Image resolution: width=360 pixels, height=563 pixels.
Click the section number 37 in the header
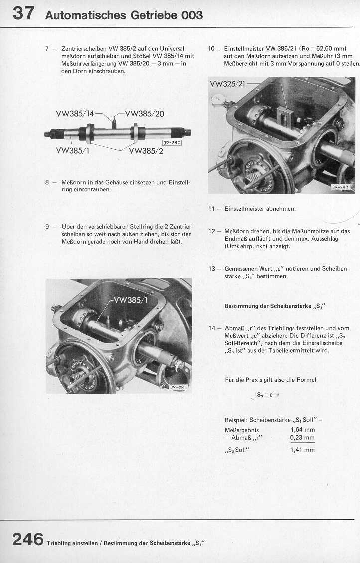[23, 13]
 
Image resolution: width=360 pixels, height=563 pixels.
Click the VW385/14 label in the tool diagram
[75, 113]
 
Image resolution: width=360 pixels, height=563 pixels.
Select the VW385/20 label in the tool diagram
[144, 113]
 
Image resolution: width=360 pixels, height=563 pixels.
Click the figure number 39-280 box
[172, 143]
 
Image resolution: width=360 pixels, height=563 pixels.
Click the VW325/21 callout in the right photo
[227, 84]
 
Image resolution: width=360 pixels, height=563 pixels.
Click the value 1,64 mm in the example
[302, 429]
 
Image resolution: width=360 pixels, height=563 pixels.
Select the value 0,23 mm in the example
[302, 438]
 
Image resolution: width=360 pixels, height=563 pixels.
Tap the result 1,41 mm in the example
[302, 450]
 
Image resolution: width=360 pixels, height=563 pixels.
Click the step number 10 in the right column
[212, 49]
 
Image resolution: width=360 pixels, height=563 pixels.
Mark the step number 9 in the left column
[47, 226]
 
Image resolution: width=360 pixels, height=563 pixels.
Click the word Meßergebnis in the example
[242, 429]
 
